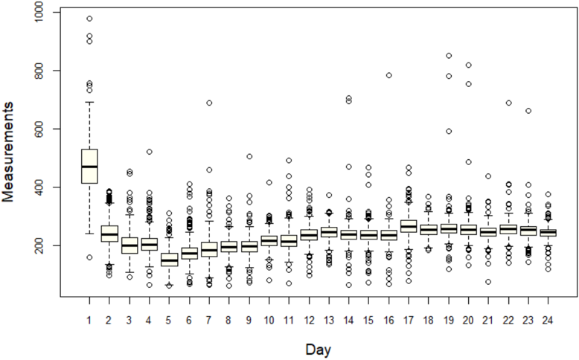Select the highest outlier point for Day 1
pyautogui.click(x=89, y=19)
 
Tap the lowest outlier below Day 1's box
pyautogui.click(x=89, y=257)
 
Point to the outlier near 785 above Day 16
pyautogui.click(x=388, y=75)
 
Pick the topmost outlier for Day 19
pyautogui.click(x=449, y=56)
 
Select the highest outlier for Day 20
pyautogui.click(x=469, y=65)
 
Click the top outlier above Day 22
pyautogui.click(x=509, y=103)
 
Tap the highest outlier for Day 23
pyautogui.click(x=528, y=111)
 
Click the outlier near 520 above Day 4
pyautogui.click(x=149, y=152)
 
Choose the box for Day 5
pyautogui.click(x=169, y=260)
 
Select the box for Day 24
pyautogui.click(x=548, y=233)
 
